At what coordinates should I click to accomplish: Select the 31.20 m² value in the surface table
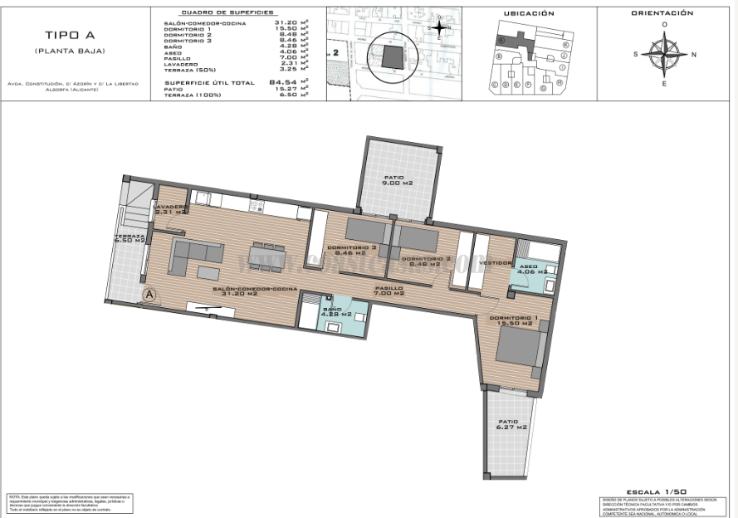287,23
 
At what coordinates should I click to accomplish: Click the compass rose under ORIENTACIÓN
664,55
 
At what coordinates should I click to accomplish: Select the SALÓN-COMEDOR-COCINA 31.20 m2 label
255,291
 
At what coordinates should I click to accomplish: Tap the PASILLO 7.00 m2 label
389,291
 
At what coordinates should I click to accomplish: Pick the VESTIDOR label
496,262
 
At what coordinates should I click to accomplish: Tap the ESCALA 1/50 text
655,491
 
